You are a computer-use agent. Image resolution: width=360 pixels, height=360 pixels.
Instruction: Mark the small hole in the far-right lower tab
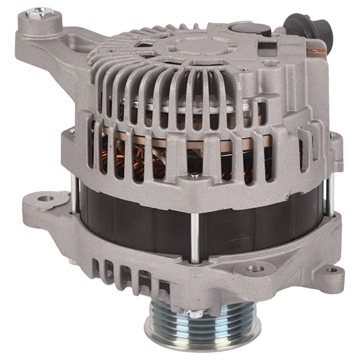[330, 270]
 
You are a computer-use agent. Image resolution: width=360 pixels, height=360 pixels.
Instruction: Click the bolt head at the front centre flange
[193, 175]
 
